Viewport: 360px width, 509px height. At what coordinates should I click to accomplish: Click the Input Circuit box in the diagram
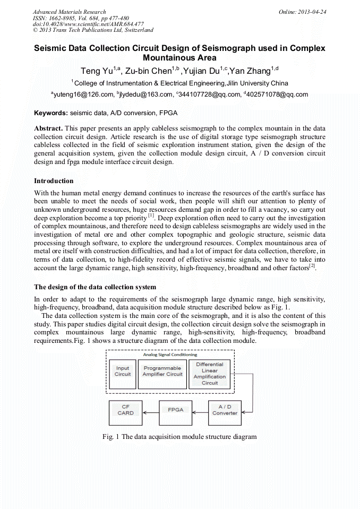click(123, 372)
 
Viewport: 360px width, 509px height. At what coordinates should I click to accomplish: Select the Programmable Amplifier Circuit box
click(162, 372)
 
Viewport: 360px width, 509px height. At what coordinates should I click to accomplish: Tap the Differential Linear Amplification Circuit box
click(210, 374)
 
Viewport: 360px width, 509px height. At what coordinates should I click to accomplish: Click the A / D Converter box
click(225, 410)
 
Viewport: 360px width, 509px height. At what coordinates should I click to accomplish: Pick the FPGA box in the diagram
click(176, 410)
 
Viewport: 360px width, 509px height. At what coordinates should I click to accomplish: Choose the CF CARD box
click(126, 410)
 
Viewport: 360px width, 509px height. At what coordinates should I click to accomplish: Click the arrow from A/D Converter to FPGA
click(200, 411)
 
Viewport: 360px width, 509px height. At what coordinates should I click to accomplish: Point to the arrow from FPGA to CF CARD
click(151, 411)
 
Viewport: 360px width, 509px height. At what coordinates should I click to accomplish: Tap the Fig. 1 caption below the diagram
click(179, 437)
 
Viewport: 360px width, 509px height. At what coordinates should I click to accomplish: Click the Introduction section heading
click(54, 181)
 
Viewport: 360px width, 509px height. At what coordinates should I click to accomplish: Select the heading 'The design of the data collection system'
click(95, 287)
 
